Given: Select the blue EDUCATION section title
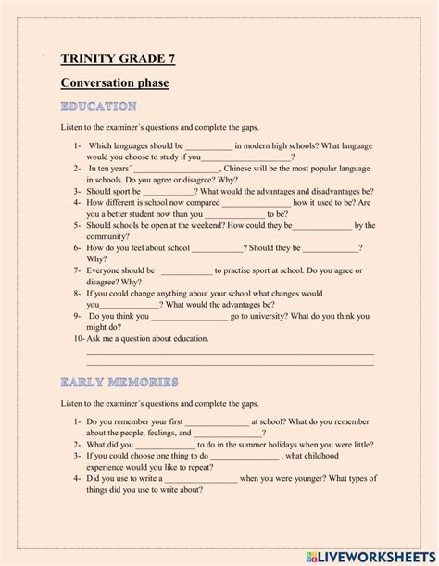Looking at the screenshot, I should [x=98, y=107].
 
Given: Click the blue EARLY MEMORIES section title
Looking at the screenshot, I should [x=119, y=382].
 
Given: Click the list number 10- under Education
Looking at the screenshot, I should [x=78, y=339].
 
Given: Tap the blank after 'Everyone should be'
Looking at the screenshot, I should [x=186, y=270].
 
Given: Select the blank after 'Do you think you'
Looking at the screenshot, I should [x=189, y=316].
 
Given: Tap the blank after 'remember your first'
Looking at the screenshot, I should [x=217, y=421].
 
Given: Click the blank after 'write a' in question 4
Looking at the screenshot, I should [x=199, y=478].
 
